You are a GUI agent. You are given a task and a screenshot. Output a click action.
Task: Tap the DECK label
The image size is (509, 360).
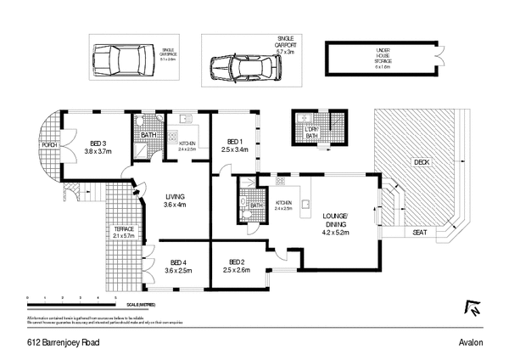[422, 161]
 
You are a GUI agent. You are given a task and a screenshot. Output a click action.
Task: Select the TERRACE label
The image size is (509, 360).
[125, 230]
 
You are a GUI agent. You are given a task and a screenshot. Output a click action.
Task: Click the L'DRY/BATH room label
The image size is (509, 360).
[311, 131]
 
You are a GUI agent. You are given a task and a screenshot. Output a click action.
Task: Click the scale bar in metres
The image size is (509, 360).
[71, 302]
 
